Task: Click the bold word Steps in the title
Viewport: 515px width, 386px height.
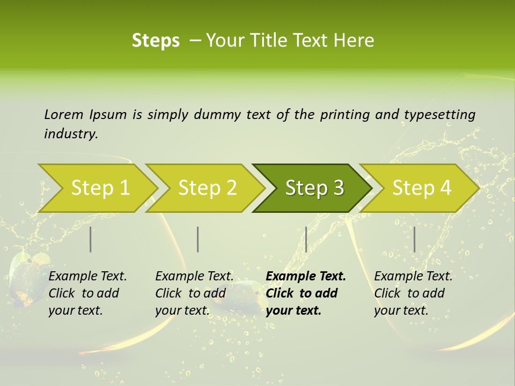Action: [156, 41]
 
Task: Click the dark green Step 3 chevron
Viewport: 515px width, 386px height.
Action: [311, 188]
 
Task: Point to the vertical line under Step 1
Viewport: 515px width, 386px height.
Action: [91, 239]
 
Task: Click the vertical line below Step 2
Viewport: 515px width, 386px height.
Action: [198, 239]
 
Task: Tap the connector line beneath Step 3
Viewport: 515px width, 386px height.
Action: [306, 239]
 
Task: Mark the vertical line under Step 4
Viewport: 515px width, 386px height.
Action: [414, 239]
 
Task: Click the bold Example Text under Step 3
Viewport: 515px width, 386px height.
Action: [306, 277]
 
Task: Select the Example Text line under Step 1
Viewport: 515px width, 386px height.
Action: [87, 277]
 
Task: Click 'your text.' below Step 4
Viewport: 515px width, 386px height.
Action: [401, 310]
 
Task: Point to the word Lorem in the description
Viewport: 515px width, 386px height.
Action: [64, 115]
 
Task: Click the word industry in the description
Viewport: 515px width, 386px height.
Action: [70, 134]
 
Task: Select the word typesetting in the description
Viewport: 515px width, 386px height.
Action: [439, 115]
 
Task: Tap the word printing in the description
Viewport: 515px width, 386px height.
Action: [344, 115]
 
